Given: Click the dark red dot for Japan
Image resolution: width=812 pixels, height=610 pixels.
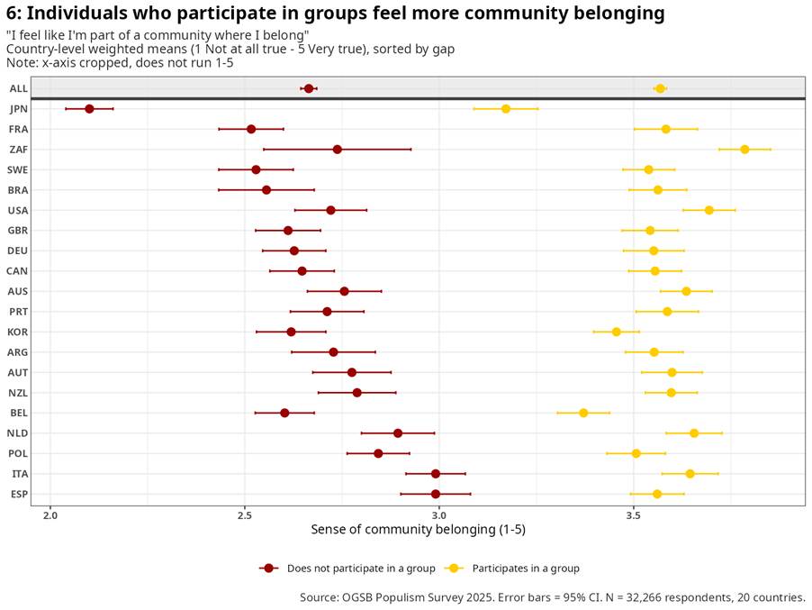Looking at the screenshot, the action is [x=89, y=109].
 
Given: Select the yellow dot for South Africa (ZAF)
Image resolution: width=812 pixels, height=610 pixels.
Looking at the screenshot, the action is [x=744, y=150].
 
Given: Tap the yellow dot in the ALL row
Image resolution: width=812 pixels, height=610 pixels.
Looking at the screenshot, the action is [x=660, y=88].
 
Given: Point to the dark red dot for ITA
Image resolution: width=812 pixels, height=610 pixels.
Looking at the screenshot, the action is [x=436, y=474].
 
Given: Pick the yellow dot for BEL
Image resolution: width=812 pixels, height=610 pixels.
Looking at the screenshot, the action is [x=583, y=413].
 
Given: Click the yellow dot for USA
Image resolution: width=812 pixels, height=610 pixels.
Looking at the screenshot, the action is [x=709, y=211].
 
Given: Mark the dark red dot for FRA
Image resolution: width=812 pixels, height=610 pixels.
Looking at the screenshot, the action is [x=251, y=129].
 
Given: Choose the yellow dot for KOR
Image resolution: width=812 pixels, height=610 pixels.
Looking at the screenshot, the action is [x=617, y=332].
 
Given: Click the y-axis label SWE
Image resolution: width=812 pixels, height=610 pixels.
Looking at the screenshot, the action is [x=18, y=170].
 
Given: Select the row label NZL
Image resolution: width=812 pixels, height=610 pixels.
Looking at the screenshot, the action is [x=18, y=393].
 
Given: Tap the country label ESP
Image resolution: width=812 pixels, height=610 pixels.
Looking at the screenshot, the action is [x=19, y=494].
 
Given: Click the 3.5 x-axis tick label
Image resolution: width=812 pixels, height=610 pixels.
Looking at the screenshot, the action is [x=634, y=515].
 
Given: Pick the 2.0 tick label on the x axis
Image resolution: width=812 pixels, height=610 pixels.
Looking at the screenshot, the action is [x=50, y=515].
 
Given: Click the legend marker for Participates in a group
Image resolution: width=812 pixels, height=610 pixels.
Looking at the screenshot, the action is [x=454, y=569].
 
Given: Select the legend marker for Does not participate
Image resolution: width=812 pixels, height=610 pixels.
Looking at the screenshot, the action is [x=269, y=569].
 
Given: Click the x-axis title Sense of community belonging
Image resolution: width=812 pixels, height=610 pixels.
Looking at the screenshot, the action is [x=418, y=530].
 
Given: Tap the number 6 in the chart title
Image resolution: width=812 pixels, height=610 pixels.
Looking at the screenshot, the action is [x=12, y=14].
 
